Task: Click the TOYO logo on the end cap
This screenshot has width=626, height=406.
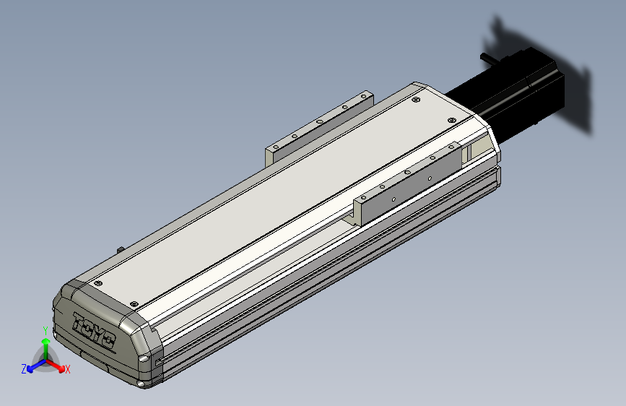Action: point(94,332)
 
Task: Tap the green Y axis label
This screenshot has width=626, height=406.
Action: point(45,331)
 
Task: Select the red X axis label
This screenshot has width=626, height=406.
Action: point(67,370)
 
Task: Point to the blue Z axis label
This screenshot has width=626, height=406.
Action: point(24,369)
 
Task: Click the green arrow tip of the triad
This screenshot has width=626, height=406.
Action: point(46,342)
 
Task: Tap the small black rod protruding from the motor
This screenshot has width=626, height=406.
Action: point(489,58)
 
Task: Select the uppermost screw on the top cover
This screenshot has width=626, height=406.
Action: point(416,100)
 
